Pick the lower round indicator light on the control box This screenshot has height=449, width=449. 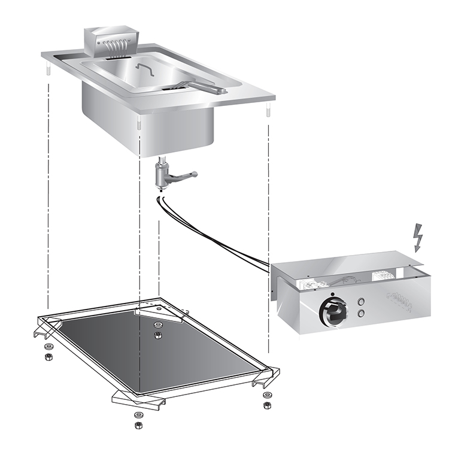pos(360,313)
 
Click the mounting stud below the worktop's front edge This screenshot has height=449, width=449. pos(139,124)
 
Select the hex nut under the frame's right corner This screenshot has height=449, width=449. pos(266,405)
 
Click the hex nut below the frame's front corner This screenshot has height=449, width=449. pos(138,425)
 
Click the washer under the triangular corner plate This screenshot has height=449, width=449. pos(158,325)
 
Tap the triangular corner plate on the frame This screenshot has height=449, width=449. pos(158,312)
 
